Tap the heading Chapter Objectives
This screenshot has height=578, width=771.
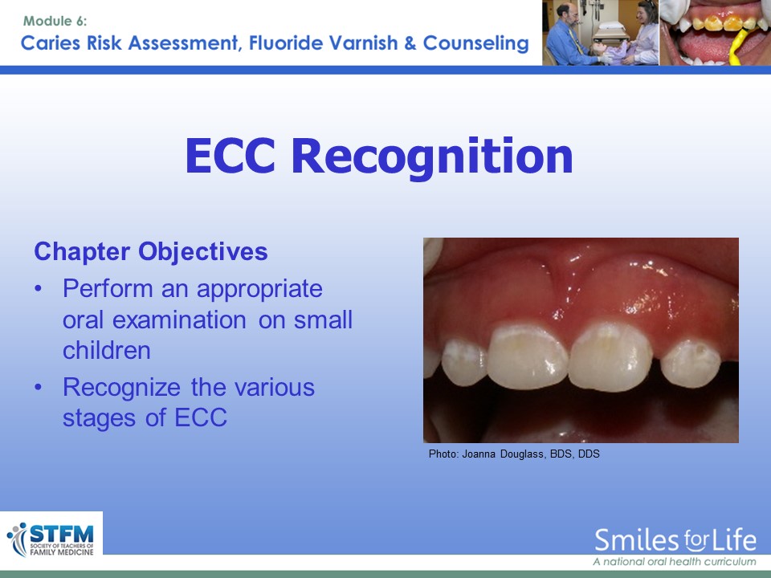(151, 252)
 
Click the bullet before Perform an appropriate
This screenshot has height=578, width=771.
(39, 289)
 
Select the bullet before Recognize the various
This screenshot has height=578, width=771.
(39, 388)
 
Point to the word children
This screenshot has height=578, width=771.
(107, 351)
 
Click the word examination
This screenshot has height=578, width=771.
(179, 320)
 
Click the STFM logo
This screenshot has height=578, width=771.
(51, 539)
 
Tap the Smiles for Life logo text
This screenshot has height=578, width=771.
(675, 540)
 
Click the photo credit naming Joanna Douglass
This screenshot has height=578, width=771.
(514, 454)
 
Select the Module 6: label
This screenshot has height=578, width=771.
(55, 21)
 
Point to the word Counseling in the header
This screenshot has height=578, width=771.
(476, 43)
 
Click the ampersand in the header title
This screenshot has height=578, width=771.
(410, 43)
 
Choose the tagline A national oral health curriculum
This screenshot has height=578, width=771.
(675, 562)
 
